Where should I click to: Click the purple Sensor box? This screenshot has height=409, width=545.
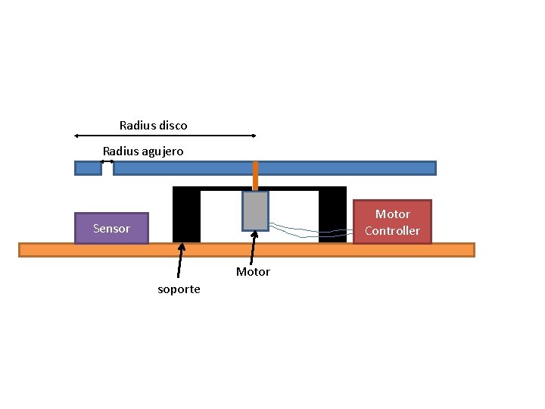coord(111,228)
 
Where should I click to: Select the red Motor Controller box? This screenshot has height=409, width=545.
coord(392,222)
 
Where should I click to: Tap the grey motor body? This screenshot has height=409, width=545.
coord(255,211)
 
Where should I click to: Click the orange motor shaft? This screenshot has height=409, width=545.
coord(255,176)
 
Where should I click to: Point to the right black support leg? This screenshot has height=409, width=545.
coord(332,216)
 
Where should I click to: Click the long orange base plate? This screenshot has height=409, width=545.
coord(246,250)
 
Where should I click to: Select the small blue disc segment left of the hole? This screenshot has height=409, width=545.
coord(88,168)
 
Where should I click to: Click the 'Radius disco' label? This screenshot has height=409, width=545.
coord(153,125)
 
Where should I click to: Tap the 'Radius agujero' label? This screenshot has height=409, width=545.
coord(143,151)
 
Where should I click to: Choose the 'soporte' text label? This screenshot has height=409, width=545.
coord(179,289)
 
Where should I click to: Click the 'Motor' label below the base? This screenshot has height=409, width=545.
coord(253,272)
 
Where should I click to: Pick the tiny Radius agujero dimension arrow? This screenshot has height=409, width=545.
coord(107,161)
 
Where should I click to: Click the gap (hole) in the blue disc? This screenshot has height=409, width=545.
coord(107,168)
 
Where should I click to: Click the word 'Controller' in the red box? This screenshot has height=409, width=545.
coord(392,230)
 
